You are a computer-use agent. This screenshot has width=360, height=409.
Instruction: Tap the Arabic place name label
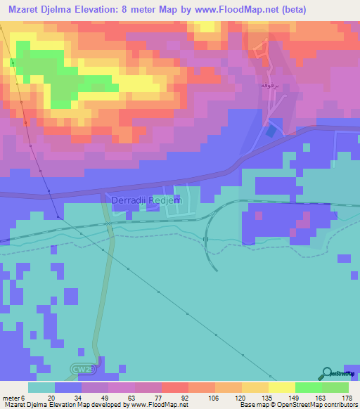click(x=281, y=84)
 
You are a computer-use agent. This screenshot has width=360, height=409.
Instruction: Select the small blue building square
click(x=271, y=131)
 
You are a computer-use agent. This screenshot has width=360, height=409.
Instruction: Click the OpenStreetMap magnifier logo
click(x=327, y=373)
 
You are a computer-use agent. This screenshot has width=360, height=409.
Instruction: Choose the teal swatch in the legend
click(x=41, y=387)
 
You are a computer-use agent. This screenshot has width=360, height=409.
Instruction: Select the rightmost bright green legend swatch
click(x=335, y=387)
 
